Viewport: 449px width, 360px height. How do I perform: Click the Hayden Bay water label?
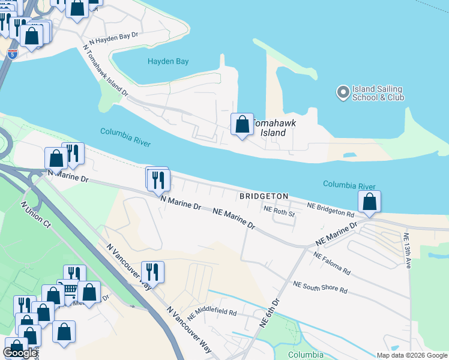pos(169,61)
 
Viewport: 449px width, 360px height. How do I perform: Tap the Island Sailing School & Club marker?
pos(343,92)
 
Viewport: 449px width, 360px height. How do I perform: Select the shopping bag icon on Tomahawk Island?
pos(242,125)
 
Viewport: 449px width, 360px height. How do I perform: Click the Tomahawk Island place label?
pos(274,126)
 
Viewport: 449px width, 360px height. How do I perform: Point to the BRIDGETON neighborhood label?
pos(264,196)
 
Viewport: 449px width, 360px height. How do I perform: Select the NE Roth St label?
pos(280,211)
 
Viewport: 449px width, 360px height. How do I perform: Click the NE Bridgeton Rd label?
pos(330,209)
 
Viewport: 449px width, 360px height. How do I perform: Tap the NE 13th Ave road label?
pos(407,250)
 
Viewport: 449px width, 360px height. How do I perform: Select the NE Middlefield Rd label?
pos(211,314)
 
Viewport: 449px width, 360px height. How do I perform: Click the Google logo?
pos(20,352)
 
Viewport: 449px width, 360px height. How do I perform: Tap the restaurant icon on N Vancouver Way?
pos(152,272)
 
